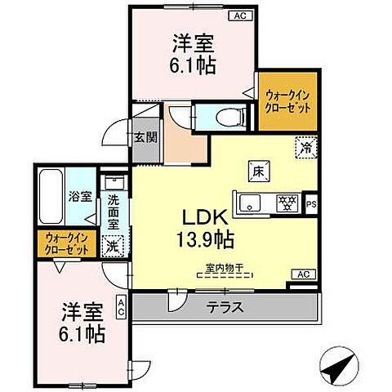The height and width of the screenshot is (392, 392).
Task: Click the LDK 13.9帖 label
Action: (205, 229)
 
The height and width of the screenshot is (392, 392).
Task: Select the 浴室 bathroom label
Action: (78, 198)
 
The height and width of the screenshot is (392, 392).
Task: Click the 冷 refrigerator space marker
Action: (304, 149)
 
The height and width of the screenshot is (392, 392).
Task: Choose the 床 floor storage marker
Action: (256, 171)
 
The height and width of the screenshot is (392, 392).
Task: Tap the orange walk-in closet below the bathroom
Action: (67, 243)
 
